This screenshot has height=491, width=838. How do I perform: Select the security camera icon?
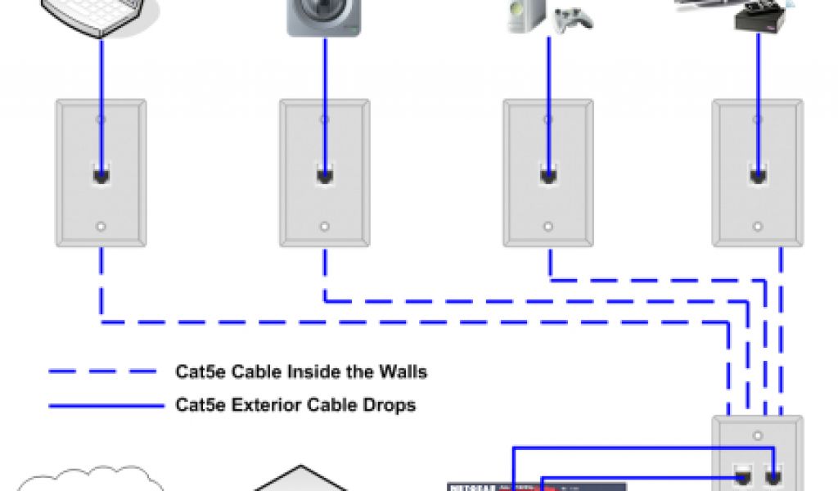[x=324, y=16]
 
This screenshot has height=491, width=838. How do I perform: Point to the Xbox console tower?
[x=523, y=15]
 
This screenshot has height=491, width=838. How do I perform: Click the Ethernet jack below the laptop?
[x=101, y=174]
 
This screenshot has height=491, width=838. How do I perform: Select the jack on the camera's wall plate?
[x=325, y=174]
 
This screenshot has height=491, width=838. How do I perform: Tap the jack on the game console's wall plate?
[x=548, y=174]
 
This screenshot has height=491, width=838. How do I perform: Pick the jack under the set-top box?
[x=758, y=174]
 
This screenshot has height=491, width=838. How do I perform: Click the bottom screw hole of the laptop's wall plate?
[x=101, y=227]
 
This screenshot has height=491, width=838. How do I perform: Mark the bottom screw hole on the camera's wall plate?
[x=325, y=227]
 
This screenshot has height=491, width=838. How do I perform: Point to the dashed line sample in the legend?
[x=101, y=372]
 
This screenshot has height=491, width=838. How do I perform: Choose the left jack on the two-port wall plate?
[x=744, y=473]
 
